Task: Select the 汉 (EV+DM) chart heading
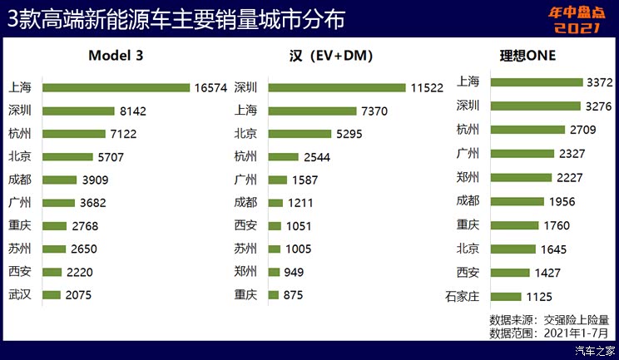[x=329, y=57]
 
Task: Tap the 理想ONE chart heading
[x=527, y=57]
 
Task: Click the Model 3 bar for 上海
[x=116, y=87]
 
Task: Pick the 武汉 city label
[x=20, y=294]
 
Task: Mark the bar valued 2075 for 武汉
[x=52, y=294]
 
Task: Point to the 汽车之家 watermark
[x=593, y=350]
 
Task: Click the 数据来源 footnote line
[x=549, y=319]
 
